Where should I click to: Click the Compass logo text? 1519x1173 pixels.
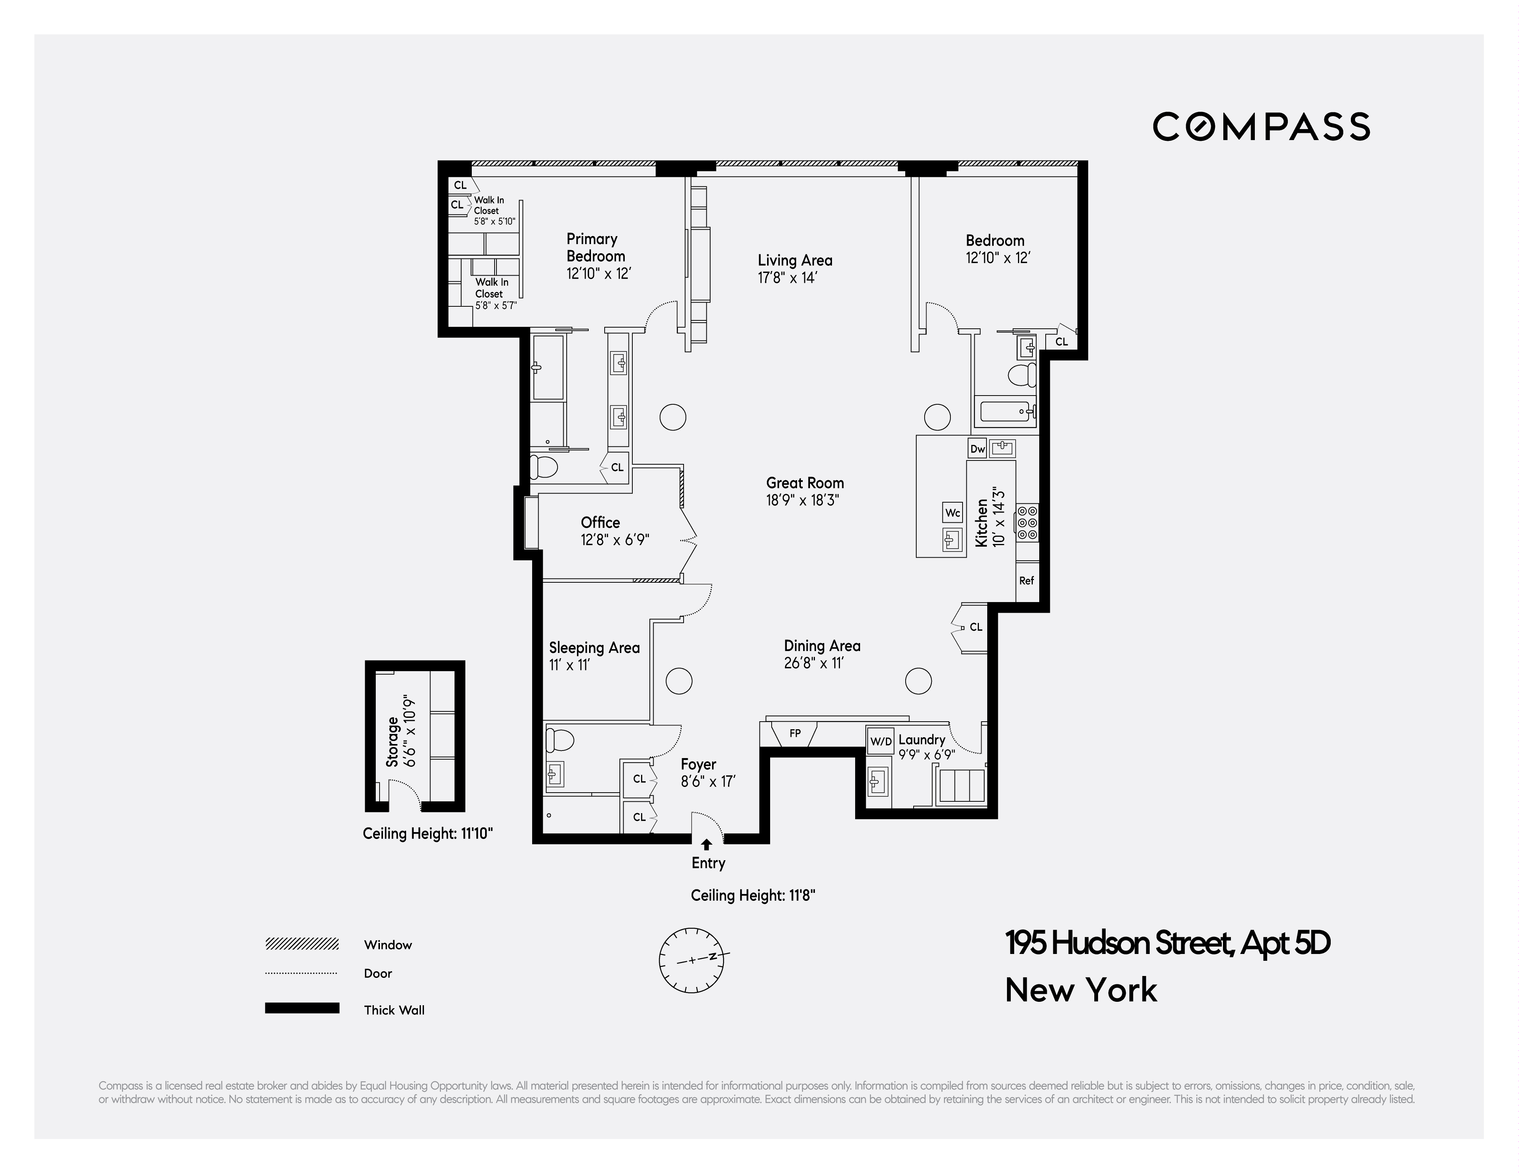pos(1261,127)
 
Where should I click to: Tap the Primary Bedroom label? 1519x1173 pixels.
pos(596,248)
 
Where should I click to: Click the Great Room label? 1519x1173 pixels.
pos(805,483)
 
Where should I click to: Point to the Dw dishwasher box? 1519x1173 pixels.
pos(977,449)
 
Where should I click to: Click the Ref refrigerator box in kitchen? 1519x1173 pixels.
pos(1027,580)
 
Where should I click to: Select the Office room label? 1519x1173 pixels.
pos(600,522)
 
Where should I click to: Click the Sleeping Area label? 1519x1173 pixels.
pos(594,648)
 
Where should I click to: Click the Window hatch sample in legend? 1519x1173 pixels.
pos(302,944)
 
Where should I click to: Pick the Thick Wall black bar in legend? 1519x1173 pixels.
pos(302,1008)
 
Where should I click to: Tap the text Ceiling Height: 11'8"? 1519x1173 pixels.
pos(753,896)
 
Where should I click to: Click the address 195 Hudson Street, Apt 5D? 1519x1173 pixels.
pos(1167,943)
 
